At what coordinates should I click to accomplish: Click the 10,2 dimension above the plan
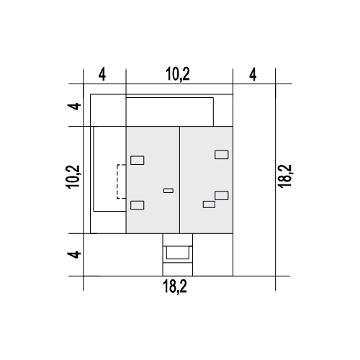[x=178, y=74]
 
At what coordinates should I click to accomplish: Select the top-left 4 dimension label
[x=102, y=74]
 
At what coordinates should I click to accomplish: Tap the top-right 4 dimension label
[x=253, y=74]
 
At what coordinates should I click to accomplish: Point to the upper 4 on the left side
[x=74, y=106]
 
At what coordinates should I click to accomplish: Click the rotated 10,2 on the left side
[x=73, y=177]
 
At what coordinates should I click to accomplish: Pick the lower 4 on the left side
[x=74, y=254]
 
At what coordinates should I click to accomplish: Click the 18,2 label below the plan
[x=175, y=287]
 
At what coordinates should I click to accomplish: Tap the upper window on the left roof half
[x=138, y=161]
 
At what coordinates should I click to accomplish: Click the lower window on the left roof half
[x=138, y=205]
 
